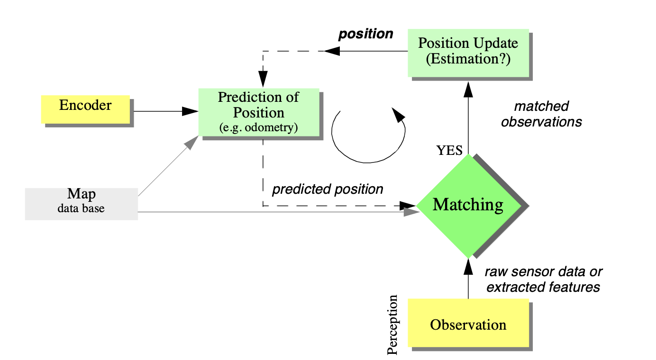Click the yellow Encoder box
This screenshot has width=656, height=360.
85,109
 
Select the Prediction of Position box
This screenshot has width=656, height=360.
258,112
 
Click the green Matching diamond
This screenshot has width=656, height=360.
468,205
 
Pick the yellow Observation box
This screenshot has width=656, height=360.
468,325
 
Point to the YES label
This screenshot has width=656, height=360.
449,151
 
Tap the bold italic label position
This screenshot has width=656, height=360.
365,34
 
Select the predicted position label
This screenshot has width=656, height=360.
327,189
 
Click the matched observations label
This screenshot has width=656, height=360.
541,114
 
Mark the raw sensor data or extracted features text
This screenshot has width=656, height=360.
543,279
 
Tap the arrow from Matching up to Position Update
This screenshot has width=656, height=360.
468,118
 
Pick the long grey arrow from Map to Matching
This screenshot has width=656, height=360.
275,212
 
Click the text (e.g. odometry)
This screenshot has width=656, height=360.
258,127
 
